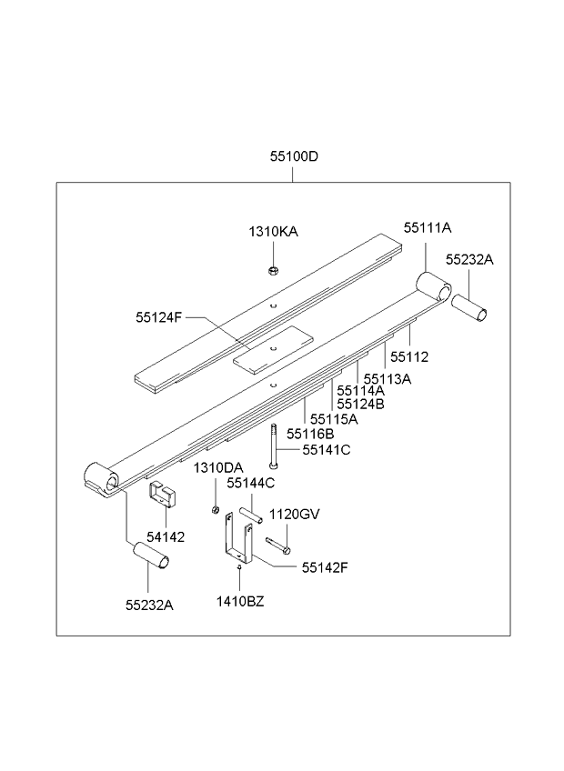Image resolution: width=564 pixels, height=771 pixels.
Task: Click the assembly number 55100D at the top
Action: coord(293,155)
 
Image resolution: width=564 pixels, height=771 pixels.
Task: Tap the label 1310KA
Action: coord(273,232)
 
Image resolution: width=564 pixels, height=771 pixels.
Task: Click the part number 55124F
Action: coord(159,317)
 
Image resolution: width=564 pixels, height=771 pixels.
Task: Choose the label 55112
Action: coord(409,357)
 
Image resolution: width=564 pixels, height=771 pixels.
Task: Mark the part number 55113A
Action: coord(388,378)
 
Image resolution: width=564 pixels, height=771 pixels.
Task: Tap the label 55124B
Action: coord(360,404)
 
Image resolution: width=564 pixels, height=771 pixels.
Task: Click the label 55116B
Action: coord(311,435)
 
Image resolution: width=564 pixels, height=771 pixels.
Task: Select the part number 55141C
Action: coord(326,449)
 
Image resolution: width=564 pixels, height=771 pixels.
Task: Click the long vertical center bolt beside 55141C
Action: coord(272,446)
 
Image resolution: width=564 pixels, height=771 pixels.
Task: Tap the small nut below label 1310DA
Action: coord(216,508)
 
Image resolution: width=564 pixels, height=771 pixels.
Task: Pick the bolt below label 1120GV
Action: coord(277,546)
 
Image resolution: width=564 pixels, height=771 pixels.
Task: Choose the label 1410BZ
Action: coord(240,601)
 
